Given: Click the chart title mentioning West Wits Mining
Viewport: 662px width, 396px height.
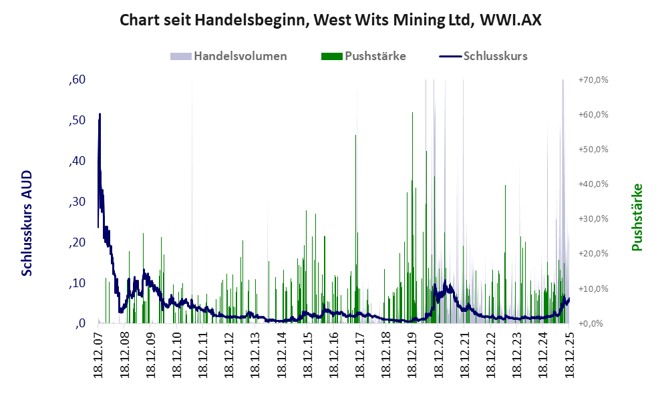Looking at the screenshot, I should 330,20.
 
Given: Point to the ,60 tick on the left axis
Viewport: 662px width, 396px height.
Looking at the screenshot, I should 77,80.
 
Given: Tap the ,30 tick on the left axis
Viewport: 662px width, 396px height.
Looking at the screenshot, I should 77,202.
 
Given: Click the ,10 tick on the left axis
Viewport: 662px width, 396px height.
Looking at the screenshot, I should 77,283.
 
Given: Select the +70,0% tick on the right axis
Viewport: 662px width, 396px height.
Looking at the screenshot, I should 593,80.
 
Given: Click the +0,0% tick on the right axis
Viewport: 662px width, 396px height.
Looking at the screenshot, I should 593,323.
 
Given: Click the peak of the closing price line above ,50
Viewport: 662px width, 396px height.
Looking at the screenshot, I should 100,115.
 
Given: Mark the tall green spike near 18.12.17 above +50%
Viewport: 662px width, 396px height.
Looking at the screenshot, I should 355,136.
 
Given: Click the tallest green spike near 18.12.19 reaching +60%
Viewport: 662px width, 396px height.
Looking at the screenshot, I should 411,114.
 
